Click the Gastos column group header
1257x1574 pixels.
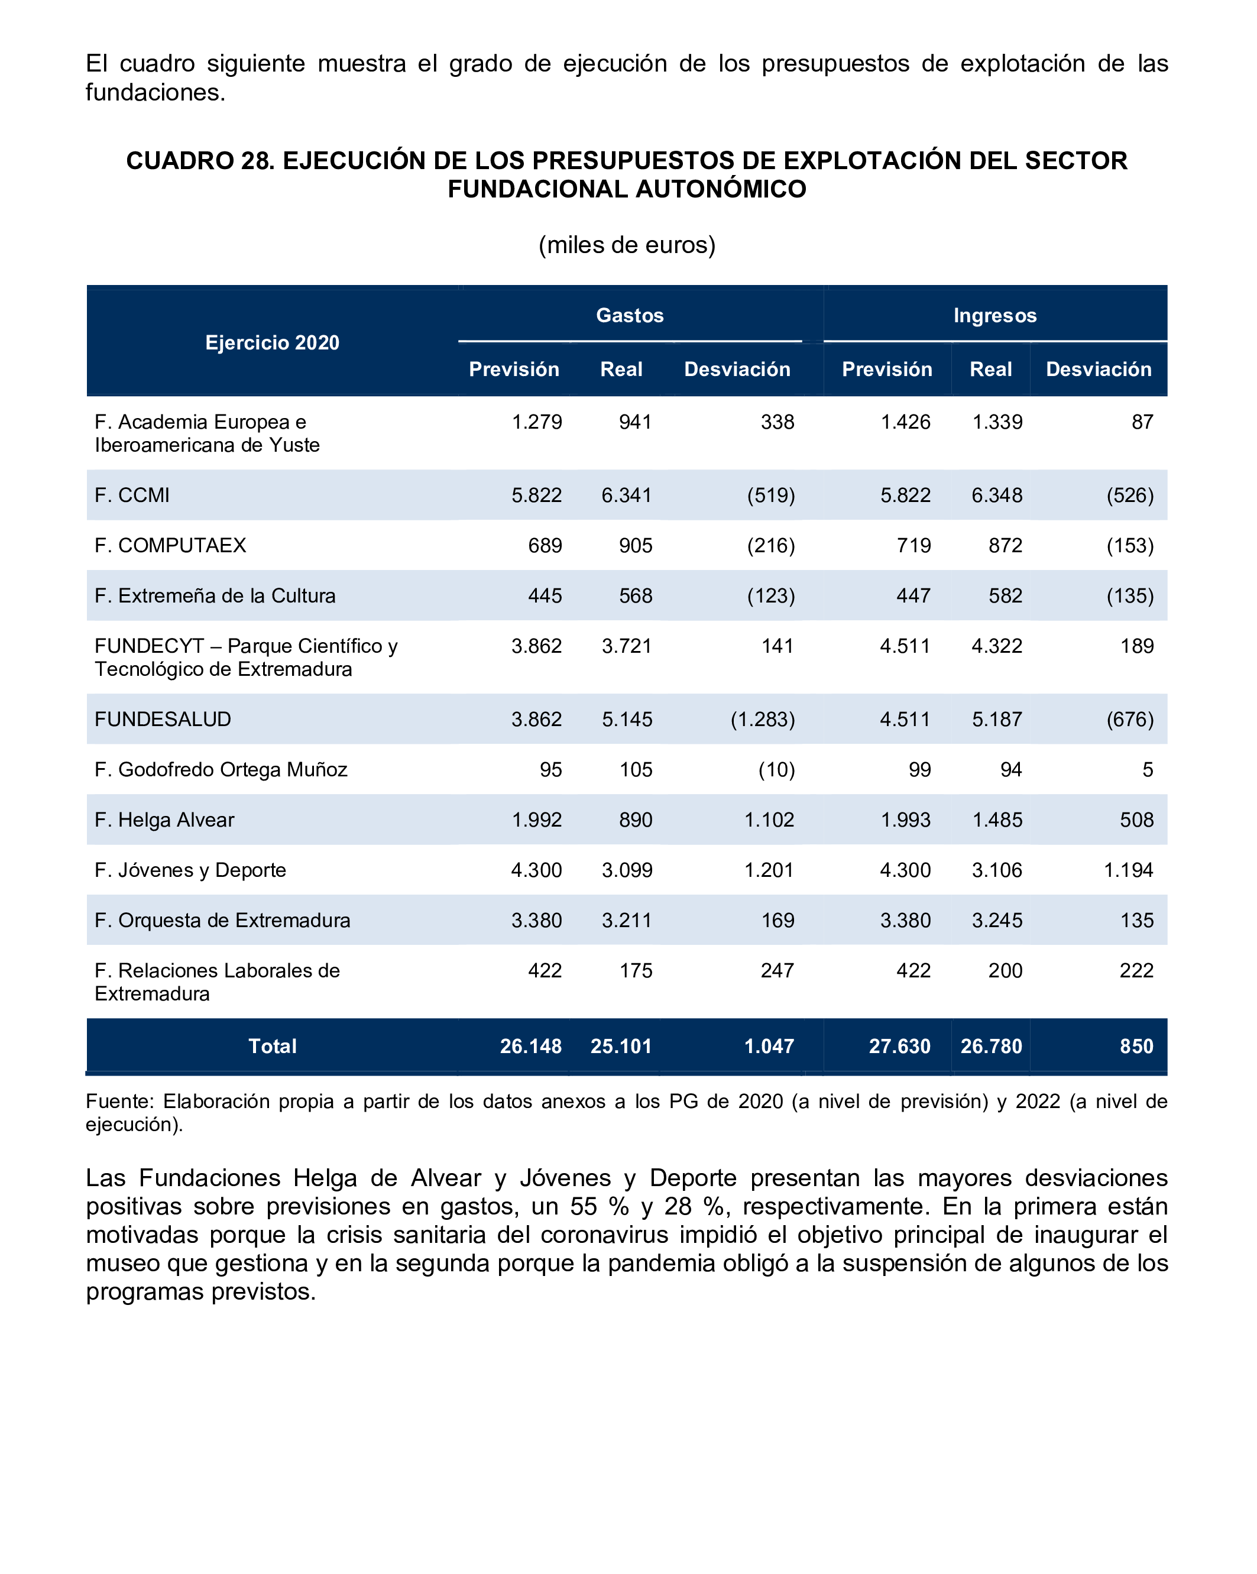coord(629,315)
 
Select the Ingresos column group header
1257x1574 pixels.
coord(994,315)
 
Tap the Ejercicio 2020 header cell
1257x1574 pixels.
coord(273,342)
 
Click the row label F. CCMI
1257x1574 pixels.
coord(132,495)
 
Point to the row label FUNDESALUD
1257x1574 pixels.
coord(163,719)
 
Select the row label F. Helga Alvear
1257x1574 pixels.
coord(164,820)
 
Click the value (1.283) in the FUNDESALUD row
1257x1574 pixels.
coord(762,719)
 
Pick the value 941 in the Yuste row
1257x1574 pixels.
coord(635,422)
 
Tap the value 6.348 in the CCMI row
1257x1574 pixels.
coord(996,495)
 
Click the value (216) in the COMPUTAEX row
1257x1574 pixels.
coord(770,545)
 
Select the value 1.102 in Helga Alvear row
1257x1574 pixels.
coord(769,820)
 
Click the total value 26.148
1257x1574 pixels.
coord(531,1046)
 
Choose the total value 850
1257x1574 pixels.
coord(1136,1046)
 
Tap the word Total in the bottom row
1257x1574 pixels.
coord(273,1046)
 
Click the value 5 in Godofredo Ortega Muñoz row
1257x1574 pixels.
coord(1148,769)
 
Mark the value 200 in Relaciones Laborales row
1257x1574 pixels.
coord(1005,970)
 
